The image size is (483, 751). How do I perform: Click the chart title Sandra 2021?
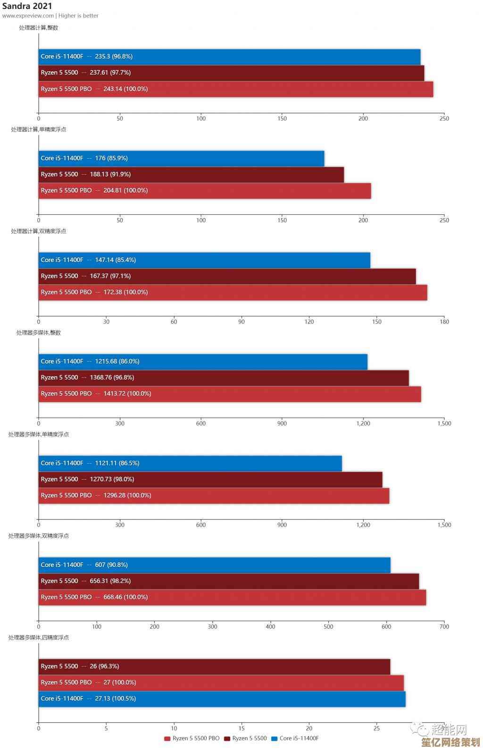(27, 6)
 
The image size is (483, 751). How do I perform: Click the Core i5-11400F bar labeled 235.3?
(229, 57)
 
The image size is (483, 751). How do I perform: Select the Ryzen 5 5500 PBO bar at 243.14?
(235, 89)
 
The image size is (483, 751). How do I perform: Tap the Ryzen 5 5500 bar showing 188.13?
(191, 175)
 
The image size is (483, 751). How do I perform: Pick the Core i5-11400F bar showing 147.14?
(204, 260)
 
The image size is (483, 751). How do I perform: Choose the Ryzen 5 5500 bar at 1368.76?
(224, 378)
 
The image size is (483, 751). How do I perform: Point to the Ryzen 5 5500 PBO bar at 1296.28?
(214, 496)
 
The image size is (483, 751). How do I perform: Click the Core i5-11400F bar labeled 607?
(214, 565)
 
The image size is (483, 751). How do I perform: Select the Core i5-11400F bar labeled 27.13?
(222, 699)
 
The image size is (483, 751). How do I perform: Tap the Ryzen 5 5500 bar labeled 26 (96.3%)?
(214, 667)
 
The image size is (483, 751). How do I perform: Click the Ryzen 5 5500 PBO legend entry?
(192, 738)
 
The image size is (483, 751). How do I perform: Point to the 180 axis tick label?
(444, 322)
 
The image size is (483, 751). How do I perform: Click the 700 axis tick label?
(444, 627)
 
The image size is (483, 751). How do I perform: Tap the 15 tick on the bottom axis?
(241, 728)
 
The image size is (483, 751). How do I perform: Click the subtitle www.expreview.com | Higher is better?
(50, 16)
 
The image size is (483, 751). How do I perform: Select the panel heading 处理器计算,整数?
(39, 28)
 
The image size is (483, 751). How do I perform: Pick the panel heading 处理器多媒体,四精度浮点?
(39, 638)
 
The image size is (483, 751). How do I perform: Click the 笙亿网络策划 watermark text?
(450, 743)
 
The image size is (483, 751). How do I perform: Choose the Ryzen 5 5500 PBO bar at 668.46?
(232, 598)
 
